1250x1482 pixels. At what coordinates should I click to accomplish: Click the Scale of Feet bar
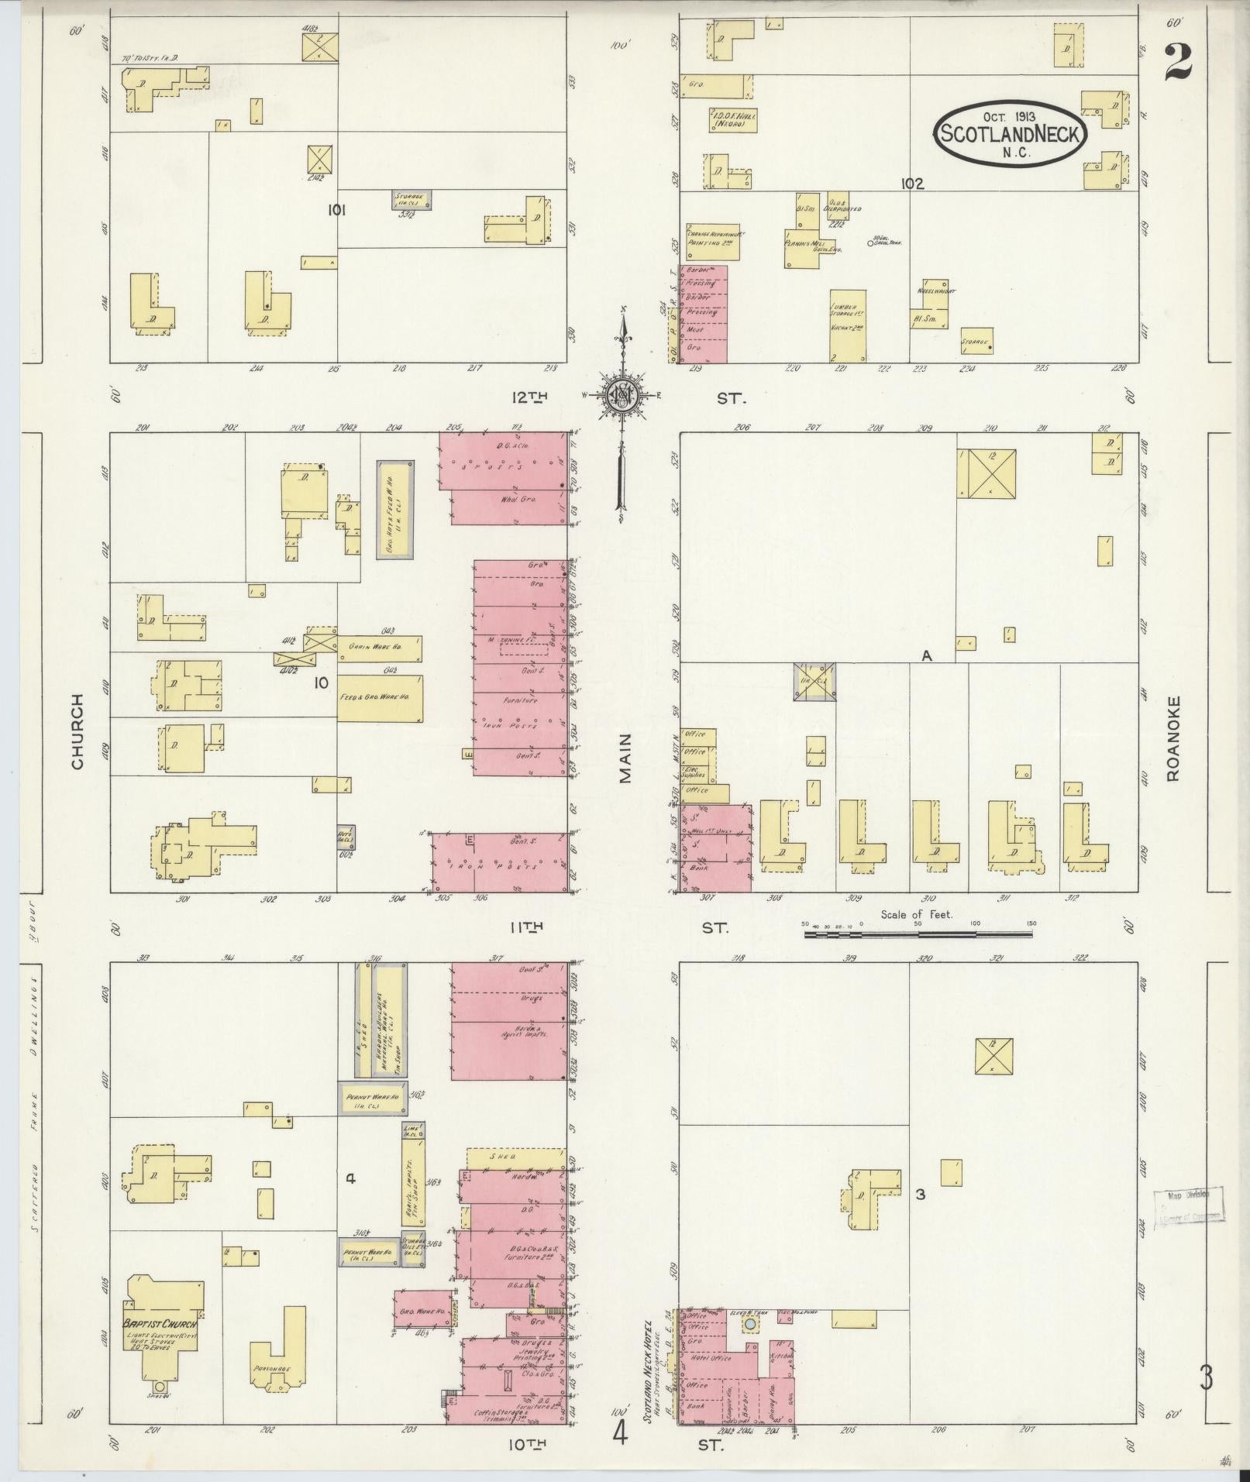[x=918, y=934]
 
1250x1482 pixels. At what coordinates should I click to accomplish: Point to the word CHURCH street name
[x=77, y=741]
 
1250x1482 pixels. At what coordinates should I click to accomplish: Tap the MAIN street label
[x=625, y=758]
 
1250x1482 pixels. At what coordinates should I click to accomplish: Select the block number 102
[x=912, y=184]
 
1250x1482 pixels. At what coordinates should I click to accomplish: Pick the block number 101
[x=336, y=209]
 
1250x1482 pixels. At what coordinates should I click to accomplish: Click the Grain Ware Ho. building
[x=380, y=647]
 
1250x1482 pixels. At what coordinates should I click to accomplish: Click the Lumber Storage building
[x=847, y=325]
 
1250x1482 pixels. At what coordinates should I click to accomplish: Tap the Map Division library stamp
[x=1188, y=1225]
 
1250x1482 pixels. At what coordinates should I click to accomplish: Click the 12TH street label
[x=529, y=397]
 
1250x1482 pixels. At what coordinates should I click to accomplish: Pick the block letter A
[x=925, y=655]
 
